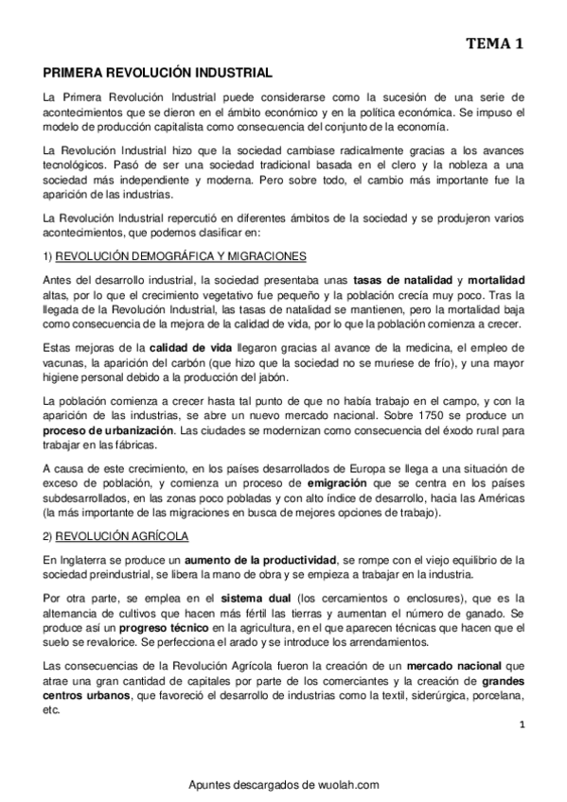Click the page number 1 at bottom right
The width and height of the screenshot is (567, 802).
522,724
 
